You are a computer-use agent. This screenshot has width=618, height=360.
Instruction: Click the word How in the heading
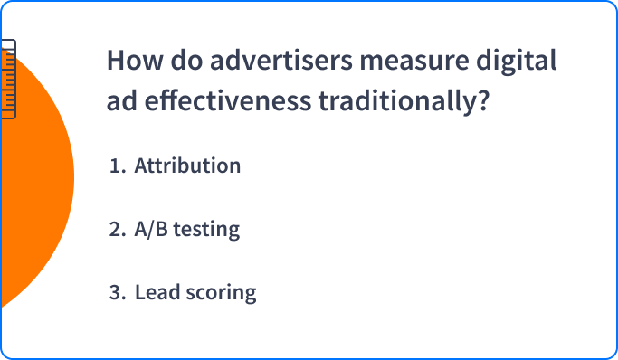[x=135, y=61]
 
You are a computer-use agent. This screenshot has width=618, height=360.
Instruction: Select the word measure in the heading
[x=414, y=62]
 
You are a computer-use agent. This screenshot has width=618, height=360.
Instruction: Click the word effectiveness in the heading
[x=228, y=100]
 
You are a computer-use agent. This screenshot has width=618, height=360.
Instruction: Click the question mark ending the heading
[x=483, y=100]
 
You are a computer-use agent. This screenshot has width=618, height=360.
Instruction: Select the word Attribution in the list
[x=187, y=166]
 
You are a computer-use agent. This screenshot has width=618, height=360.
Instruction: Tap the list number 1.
[x=118, y=166]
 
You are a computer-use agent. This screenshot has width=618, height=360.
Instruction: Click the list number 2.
[x=118, y=229]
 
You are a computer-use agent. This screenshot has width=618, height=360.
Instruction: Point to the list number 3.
[x=118, y=293]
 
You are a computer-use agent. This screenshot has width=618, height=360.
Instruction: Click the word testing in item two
[x=206, y=230]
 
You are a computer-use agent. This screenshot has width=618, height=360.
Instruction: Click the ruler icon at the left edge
[x=8, y=79]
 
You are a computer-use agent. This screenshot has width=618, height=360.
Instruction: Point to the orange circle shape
[x=35, y=177]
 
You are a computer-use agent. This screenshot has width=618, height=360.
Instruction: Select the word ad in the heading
[x=122, y=100]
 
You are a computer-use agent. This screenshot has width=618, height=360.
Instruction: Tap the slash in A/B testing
[x=151, y=229]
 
